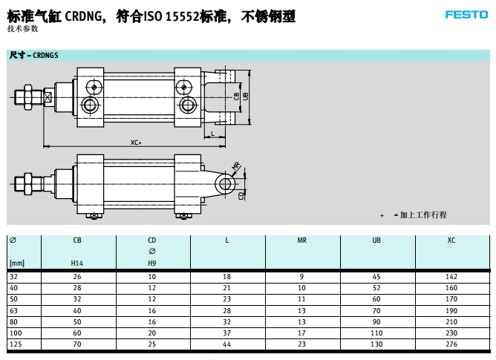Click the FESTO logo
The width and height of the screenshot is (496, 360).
(x=466, y=15)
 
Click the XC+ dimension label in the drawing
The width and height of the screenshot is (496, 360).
(x=136, y=143)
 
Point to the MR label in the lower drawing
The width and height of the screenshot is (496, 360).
(x=236, y=166)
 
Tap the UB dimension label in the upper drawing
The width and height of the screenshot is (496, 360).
(x=245, y=96)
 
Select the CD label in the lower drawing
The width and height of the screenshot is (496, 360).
(x=241, y=196)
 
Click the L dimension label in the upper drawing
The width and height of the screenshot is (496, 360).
(x=212, y=134)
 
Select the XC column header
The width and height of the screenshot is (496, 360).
(x=451, y=240)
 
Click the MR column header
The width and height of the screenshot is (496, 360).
(x=301, y=240)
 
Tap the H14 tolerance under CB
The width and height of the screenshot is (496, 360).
(x=77, y=264)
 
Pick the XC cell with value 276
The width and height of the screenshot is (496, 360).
(x=451, y=344)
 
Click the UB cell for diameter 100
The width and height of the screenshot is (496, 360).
(x=376, y=333)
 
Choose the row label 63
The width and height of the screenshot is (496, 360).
(x=13, y=311)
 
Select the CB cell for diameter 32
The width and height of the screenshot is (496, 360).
(x=77, y=277)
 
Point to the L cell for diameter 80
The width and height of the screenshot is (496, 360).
(x=226, y=322)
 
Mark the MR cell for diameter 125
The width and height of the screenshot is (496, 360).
(x=301, y=344)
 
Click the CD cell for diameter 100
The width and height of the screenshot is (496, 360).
(x=151, y=333)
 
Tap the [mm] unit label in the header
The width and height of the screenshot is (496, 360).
(x=17, y=264)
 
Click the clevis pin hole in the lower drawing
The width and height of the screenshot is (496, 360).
(x=225, y=184)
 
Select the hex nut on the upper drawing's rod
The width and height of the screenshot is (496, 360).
(x=27, y=97)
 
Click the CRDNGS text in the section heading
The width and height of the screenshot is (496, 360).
(x=45, y=56)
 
